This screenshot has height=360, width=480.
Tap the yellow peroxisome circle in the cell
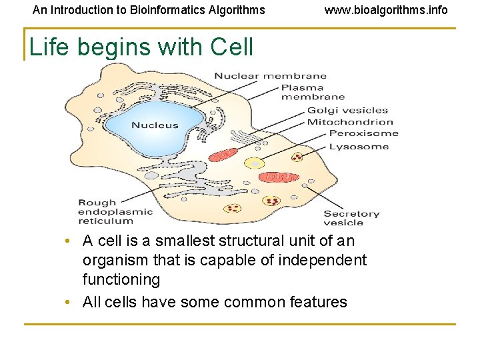253,163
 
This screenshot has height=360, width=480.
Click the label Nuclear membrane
270,76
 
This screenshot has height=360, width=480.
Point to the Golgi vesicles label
347,111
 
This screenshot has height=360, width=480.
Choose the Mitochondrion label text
350,123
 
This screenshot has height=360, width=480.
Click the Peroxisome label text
363,134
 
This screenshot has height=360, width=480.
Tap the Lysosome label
359,146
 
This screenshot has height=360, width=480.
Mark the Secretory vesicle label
351,218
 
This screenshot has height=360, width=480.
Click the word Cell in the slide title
231,47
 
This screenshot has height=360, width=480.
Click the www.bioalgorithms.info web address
386,10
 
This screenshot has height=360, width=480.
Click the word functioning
121,279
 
